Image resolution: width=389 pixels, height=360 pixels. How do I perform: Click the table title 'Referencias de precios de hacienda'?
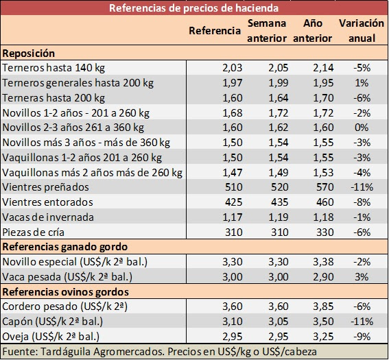click(193, 8)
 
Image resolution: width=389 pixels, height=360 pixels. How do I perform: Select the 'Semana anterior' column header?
click(267, 31)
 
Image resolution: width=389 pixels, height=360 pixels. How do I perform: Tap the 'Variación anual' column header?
click(362, 31)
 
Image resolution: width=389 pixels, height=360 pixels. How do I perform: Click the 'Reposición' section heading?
click(29, 53)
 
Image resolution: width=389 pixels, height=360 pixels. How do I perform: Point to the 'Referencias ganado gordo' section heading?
click(65, 247)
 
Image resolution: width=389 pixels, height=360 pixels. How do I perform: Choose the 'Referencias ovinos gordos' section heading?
click(65, 292)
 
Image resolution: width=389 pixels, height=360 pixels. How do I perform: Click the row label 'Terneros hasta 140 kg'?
click(54, 68)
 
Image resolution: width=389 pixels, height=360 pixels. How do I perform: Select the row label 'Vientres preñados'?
click(45, 187)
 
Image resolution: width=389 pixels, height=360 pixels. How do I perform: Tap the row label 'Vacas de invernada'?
click(48, 217)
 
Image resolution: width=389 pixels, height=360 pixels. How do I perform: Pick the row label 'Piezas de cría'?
click(33, 232)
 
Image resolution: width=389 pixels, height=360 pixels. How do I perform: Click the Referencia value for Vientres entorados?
click(234, 202)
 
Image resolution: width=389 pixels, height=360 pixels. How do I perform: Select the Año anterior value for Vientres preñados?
click(325, 187)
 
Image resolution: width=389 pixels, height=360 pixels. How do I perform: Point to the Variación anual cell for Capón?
click(362, 322)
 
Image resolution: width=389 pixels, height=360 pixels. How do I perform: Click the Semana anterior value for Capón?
click(279, 322)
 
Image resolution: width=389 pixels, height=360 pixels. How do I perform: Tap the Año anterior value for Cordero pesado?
click(323, 307)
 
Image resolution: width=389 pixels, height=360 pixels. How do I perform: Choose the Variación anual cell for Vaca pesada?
click(362, 277)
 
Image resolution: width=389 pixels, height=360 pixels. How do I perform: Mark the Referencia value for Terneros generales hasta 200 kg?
click(233, 83)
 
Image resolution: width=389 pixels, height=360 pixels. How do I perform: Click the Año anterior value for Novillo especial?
click(323, 262)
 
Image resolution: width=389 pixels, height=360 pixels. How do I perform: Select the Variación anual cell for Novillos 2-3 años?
click(362, 128)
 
